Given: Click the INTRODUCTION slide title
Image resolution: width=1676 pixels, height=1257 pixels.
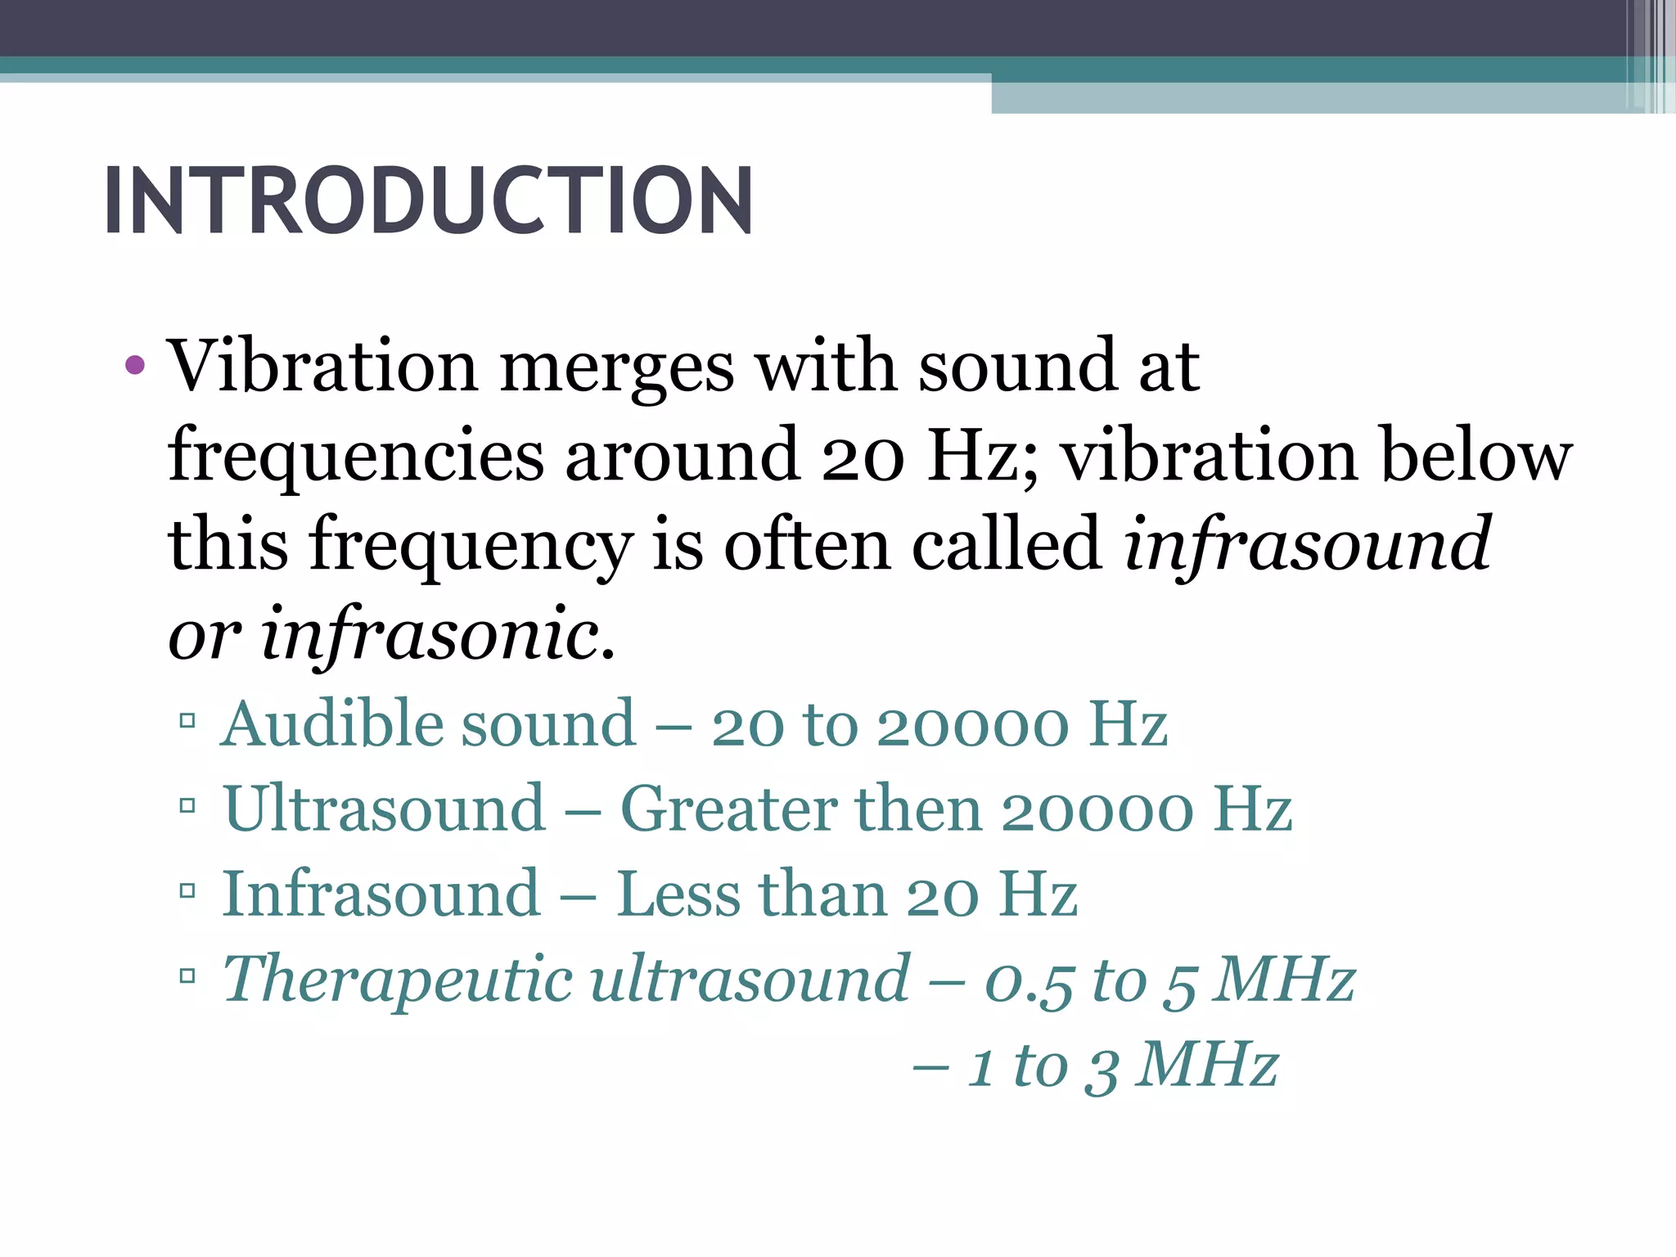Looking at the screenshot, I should click(428, 200).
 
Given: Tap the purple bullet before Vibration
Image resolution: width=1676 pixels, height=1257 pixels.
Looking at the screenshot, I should click(136, 365).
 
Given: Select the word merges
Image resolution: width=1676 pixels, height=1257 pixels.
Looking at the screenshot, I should click(616, 368).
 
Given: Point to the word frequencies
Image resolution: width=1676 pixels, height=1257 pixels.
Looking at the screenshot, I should click(355, 457).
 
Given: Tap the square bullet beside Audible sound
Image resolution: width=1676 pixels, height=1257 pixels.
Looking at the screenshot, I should click(187, 721).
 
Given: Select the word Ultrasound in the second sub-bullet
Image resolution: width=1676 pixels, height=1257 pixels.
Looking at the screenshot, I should click(384, 809).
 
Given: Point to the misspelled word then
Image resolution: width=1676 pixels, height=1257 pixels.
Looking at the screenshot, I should click(918, 809).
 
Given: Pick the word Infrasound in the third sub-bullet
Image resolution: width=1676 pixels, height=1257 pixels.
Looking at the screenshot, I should click(381, 894).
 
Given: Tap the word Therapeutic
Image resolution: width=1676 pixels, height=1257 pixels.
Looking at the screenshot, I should click(398, 980).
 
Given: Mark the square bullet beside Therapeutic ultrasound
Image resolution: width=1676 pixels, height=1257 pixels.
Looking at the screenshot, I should click(187, 975).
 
